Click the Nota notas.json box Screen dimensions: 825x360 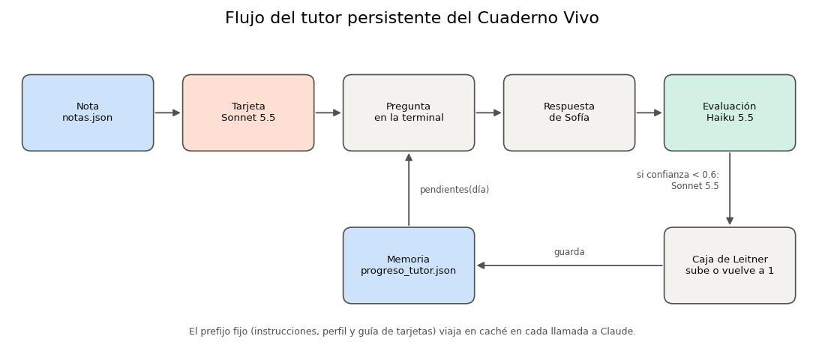point(88,112)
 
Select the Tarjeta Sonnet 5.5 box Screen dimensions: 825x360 point(248,112)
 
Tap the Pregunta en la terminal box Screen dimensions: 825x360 point(409,112)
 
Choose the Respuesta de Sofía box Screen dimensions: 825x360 point(569,112)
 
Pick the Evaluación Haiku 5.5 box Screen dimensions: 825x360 point(730,112)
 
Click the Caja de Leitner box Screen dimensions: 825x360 point(730,265)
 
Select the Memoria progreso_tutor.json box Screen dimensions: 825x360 point(409,265)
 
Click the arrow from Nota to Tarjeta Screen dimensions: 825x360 point(168,112)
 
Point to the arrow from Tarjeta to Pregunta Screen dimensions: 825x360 point(328,112)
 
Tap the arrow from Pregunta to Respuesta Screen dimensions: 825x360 point(489,112)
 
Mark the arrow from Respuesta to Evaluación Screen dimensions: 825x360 point(649,112)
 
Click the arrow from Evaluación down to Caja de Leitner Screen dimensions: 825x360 point(730,189)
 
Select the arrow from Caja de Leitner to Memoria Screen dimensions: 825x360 point(569,265)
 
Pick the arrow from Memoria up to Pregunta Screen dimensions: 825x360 point(409,190)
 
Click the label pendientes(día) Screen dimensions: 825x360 point(454,190)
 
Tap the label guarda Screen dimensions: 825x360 point(569,252)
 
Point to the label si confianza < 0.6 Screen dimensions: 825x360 point(678,175)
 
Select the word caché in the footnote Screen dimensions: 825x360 point(486,331)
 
